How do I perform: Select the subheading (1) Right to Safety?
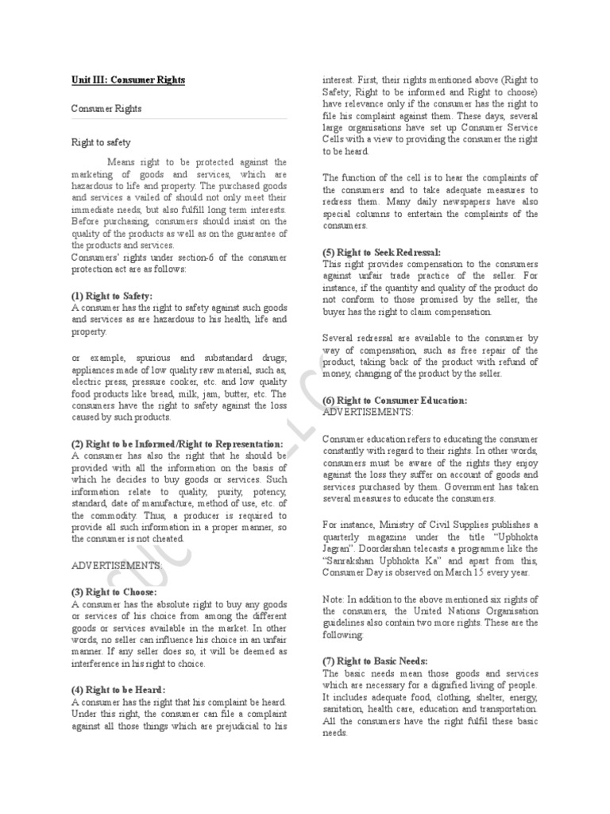111,296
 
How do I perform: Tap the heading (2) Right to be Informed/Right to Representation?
176,444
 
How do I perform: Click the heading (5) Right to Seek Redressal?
382,252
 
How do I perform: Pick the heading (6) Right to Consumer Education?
395,400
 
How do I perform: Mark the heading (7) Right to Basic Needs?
375,661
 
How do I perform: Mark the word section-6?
183,258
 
